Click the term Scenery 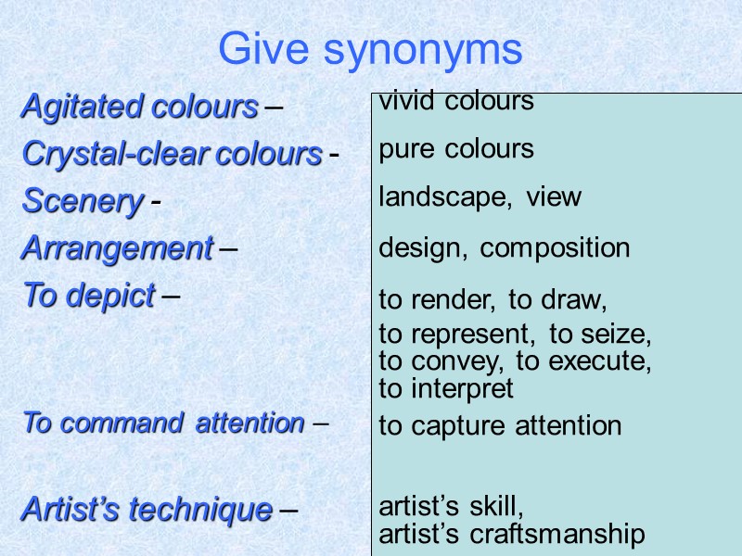(83, 201)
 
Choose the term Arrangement (117, 248)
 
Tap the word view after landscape (554, 197)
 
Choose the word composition (555, 248)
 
